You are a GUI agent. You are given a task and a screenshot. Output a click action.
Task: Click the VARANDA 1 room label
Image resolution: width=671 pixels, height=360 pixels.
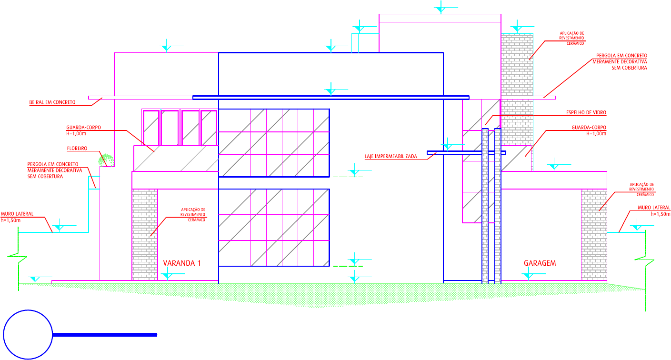182,263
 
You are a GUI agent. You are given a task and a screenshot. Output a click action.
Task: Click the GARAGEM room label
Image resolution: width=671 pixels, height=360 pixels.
540,263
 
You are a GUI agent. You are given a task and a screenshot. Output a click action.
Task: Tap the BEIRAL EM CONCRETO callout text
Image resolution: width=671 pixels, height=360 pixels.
52,102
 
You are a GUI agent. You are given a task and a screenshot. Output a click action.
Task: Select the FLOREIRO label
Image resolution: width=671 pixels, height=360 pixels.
77,149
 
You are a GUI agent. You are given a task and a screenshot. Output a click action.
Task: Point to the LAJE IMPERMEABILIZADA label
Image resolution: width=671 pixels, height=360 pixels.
391,156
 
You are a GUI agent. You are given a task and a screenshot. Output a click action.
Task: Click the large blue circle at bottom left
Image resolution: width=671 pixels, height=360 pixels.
28,334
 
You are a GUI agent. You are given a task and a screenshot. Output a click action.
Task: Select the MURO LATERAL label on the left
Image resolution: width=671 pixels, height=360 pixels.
17,214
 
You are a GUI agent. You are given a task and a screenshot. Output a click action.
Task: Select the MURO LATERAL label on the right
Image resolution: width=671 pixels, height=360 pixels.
654,208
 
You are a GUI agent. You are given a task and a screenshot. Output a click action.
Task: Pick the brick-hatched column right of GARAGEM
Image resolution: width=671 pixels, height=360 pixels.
593,234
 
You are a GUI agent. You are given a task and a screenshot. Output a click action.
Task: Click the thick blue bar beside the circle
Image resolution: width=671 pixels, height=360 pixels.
105,335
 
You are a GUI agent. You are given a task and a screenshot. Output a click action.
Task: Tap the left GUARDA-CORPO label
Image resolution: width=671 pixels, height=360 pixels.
84,128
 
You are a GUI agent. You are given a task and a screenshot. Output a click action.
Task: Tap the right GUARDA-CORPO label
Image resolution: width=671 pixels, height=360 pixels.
589,128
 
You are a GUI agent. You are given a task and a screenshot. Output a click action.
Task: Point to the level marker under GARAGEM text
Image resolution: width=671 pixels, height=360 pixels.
528,275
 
